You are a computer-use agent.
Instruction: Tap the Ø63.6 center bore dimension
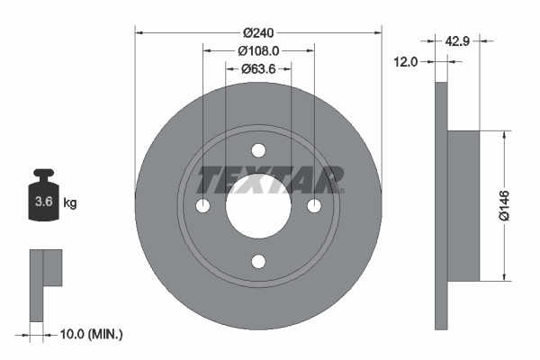point(258,68)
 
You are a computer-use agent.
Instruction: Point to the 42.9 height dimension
point(458,40)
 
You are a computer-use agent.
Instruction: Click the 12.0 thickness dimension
point(408,61)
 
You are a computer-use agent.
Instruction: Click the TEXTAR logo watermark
point(270,180)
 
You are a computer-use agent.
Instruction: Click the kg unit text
point(70,203)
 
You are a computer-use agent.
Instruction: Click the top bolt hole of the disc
point(258,150)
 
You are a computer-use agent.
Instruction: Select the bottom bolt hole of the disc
point(258,262)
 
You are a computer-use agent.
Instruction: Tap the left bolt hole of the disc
point(202,206)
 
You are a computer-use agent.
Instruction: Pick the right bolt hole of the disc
point(314,206)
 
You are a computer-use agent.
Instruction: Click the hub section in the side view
point(463,205)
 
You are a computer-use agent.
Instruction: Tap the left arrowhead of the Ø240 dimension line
point(139,33)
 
